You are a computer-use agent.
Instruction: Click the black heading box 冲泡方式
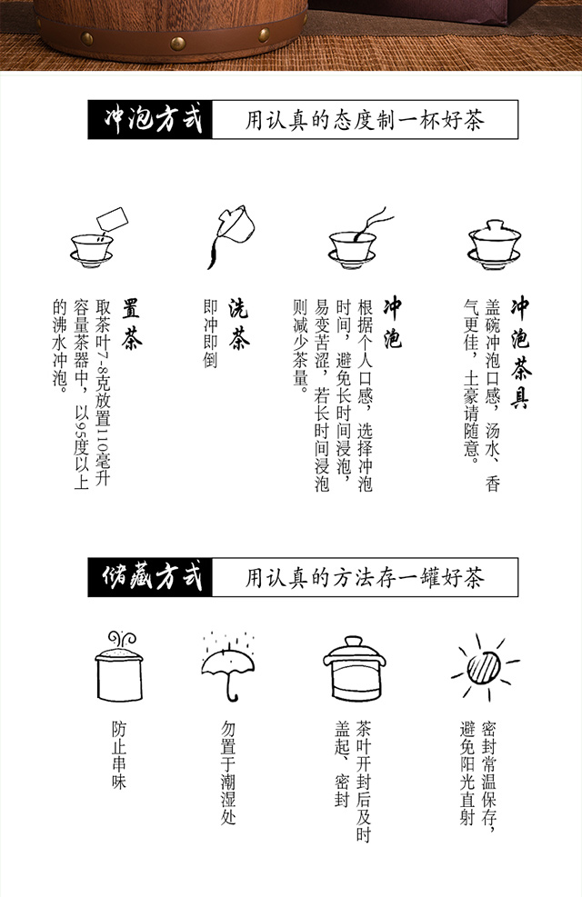[x=150, y=120]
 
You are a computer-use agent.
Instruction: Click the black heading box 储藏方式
[x=150, y=577]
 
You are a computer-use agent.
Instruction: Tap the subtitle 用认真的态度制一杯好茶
[x=365, y=120]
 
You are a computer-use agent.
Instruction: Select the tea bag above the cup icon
[x=112, y=218]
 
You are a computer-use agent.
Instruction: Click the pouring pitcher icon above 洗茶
[x=229, y=235]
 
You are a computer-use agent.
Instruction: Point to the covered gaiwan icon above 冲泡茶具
[x=495, y=244]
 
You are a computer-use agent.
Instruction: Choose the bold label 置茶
[x=131, y=324]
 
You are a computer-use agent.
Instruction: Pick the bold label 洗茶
[x=238, y=324]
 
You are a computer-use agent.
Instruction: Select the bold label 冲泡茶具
[x=519, y=353]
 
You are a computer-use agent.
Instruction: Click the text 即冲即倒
[x=210, y=334]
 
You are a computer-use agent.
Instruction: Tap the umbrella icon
[x=227, y=667]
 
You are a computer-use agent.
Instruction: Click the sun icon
[x=484, y=667]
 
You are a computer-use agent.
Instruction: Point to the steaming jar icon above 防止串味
[x=119, y=666]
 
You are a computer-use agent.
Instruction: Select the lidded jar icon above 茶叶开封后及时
[x=355, y=668]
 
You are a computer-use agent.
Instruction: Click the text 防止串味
[x=119, y=756]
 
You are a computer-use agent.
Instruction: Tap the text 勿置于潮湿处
[x=228, y=772]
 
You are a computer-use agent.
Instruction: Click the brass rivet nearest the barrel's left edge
[x=86, y=39]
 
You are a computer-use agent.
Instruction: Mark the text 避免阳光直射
[x=467, y=772]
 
